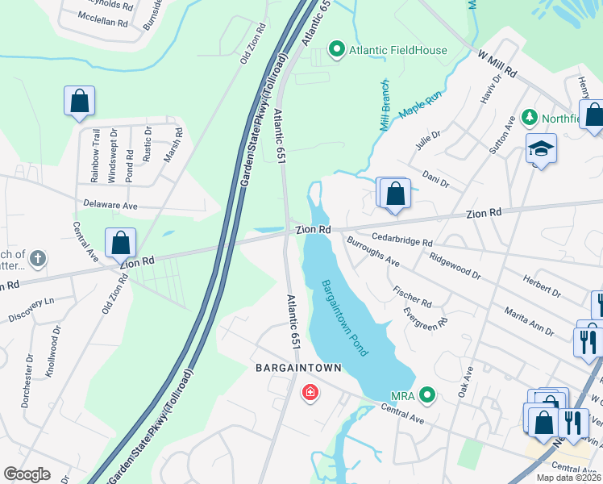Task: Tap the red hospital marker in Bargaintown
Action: click(309, 393)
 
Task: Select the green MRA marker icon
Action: click(428, 395)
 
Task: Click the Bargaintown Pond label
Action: click(345, 318)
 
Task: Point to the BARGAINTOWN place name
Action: click(298, 368)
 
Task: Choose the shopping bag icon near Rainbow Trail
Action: click(79, 102)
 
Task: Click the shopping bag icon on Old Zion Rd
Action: click(120, 242)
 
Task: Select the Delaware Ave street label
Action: click(110, 206)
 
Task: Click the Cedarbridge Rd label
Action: click(401, 241)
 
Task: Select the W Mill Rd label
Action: click(497, 62)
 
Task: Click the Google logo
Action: click(27, 474)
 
